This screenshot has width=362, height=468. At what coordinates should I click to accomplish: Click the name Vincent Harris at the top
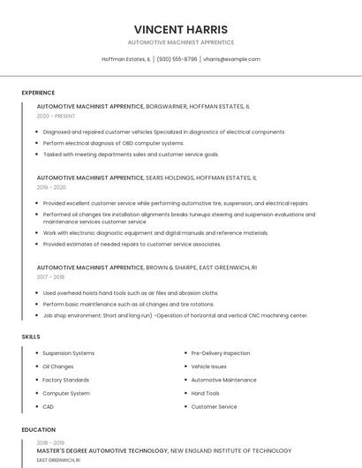click(x=180, y=29)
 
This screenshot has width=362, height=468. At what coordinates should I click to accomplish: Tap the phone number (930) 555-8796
click(x=177, y=59)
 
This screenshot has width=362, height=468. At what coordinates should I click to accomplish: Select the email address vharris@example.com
click(x=231, y=59)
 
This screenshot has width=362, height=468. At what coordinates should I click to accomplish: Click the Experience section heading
click(x=38, y=93)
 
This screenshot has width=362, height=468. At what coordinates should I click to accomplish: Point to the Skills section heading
click(x=31, y=336)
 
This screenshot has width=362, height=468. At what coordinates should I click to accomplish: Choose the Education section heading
click(x=39, y=430)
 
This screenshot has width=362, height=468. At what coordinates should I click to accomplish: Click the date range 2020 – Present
click(x=56, y=116)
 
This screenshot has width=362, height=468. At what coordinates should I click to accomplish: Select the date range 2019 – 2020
click(x=51, y=187)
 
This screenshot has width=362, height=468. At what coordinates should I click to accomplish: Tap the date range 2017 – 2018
click(x=50, y=276)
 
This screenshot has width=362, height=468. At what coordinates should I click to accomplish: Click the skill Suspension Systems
click(x=68, y=353)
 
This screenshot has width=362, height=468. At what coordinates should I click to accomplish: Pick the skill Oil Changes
click(x=57, y=366)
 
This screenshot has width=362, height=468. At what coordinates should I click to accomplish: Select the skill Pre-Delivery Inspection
click(x=220, y=353)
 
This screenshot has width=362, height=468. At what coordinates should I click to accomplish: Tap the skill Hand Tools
click(x=205, y=393)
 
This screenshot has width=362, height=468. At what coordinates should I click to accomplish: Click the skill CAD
click(x=48, y=406)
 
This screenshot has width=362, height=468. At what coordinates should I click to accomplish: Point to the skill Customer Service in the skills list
click(x=214, y=406)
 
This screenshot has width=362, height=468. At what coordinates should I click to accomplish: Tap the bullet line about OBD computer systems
click(x=113, y=143)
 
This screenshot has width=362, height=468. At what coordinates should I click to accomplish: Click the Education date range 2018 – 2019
click(x=50, y=442)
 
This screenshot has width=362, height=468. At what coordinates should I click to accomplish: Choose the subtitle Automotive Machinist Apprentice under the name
click(x=180, y=42)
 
